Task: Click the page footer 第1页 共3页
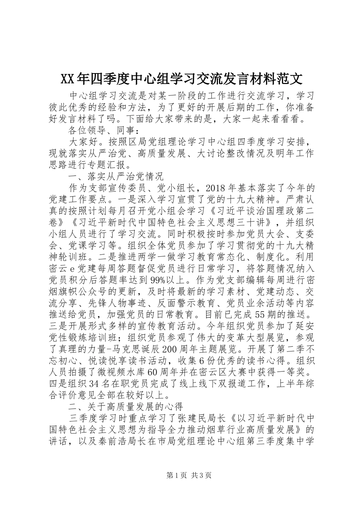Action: click(x=180, y=475)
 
